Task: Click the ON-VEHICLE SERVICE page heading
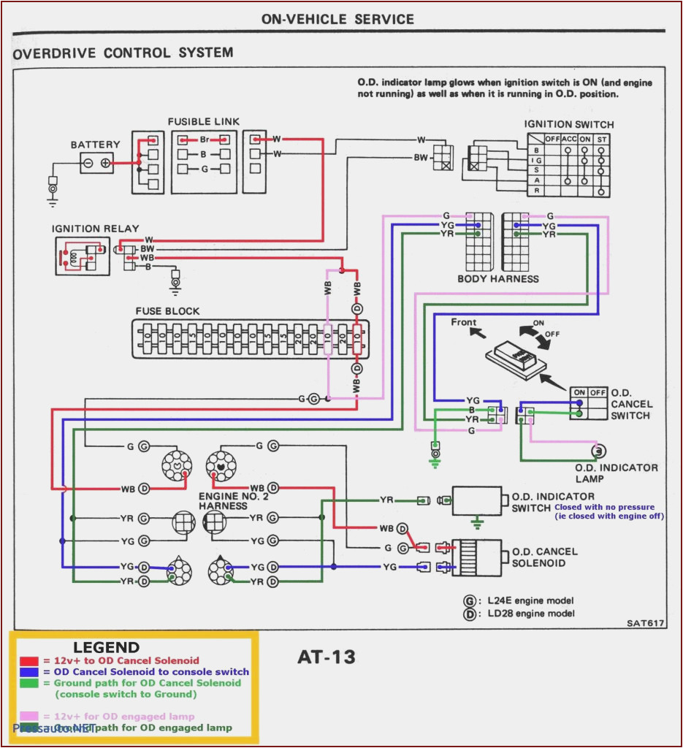pos(337,19)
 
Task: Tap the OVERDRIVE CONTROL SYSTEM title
pos(123,53)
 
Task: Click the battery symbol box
pos(96,162)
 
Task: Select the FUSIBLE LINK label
pos(203,121)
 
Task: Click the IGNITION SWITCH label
pos(568,124)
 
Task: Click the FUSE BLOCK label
pos(167,310)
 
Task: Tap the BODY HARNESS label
pos(497,278)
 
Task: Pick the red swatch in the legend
pos(29,661)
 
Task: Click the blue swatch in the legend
pos(29,672)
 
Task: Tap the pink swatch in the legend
pos(29,717)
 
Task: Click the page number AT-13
pos(326,657)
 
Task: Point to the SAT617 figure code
pos(645,623)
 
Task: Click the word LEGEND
pos(106,647)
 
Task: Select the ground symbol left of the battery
pos(53,188)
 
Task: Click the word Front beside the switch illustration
pos(463,322)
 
